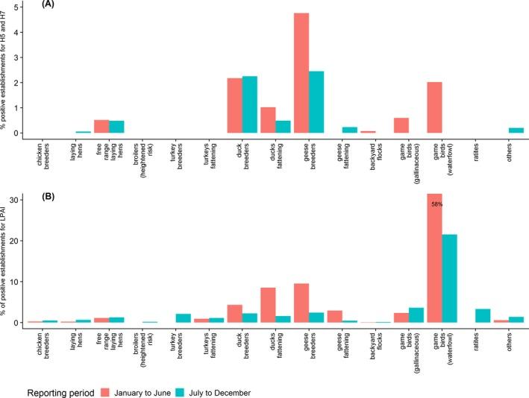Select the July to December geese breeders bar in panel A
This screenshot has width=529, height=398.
[316, 102]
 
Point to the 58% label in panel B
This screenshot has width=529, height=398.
[436, 203]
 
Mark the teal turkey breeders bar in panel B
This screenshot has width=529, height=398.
[184, 318]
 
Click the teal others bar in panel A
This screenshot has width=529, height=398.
[516, 130]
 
